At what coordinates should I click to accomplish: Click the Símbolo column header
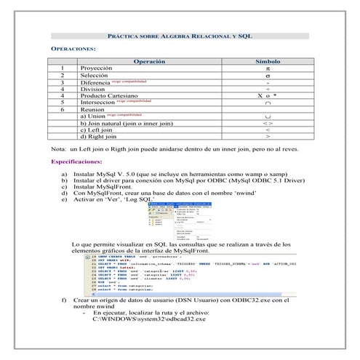[x=268, y=62]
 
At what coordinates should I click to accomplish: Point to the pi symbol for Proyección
[x=268, y=68]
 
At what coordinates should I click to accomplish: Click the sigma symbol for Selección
[x=268, y=75]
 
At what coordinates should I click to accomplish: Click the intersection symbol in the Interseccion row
[x=268, y=103]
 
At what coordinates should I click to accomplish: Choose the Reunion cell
[x=93, y=109]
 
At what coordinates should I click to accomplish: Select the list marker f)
[x=65, y=300]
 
